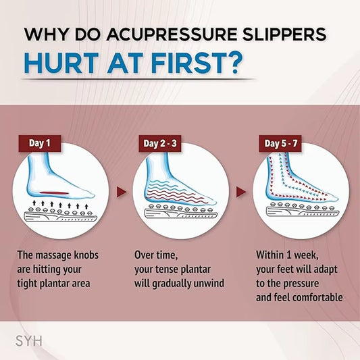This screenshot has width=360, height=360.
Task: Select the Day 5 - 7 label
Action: pos(280,143)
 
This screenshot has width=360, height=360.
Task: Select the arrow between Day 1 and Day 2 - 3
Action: pos(121,192)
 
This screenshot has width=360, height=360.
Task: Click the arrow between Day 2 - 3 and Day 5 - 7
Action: pos(240,192)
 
